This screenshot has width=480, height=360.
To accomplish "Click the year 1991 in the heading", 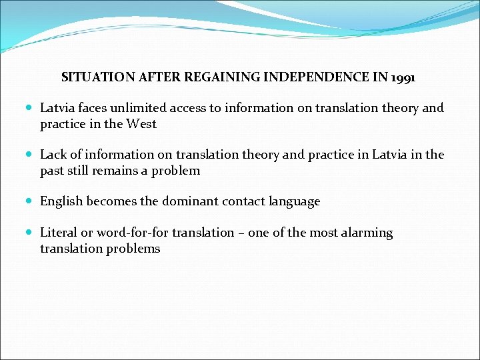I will coord(403,77).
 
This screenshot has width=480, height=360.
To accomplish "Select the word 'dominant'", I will coord(184,201).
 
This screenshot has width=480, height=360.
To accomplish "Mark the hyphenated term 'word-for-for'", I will coord(132,233).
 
